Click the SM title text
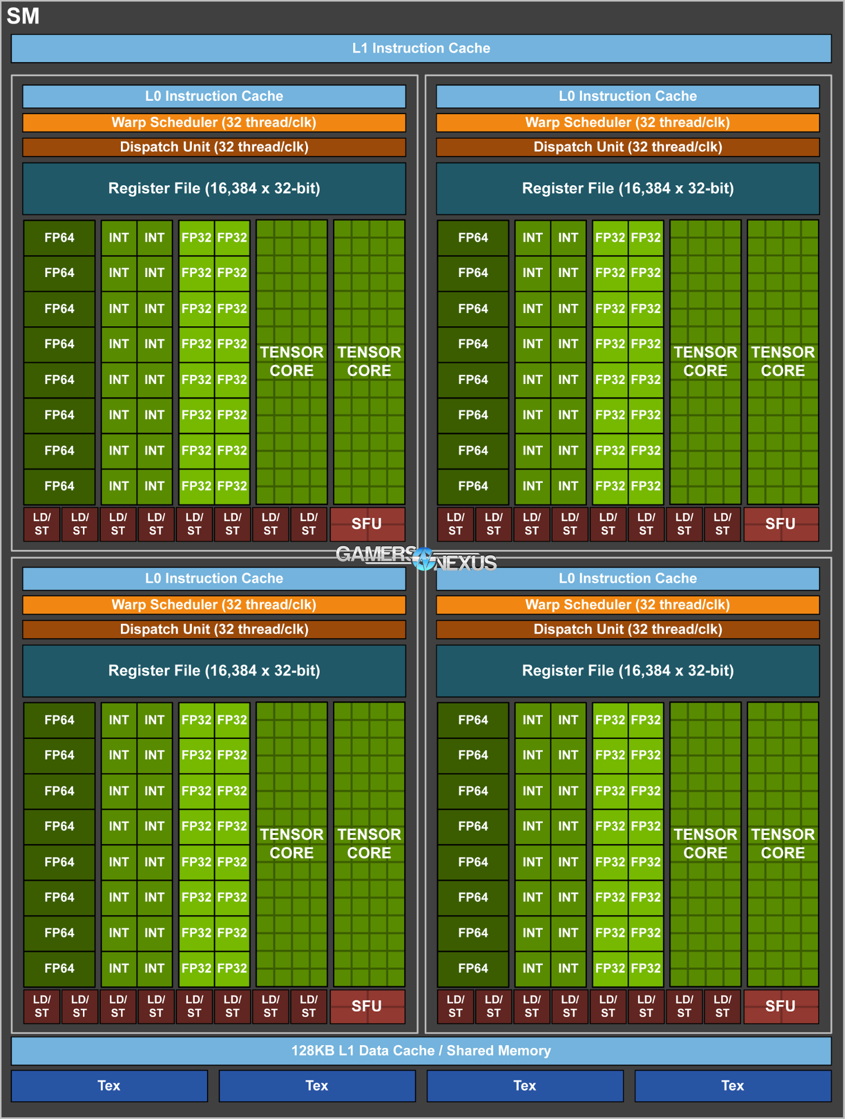pos(23,16)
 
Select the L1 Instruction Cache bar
pos(421,49)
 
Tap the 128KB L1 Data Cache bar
pos(421,1051)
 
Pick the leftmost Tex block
pos(109,1086)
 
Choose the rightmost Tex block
pos(733,1086)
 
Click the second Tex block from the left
pos(317,1086)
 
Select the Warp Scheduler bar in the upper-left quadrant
pos(214,123)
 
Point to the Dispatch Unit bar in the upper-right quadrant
pos(627,147)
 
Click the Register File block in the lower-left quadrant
pos(214,671)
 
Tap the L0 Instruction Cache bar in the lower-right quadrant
pos(627,578)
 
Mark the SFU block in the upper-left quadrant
pos(367,524)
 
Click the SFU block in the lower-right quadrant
pos(781,1006)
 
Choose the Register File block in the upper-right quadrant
pos(627,189)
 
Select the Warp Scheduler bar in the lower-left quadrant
pos(214,605)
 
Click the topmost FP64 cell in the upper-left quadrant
pos(59,237)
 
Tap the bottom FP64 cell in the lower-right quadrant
pos(473,968)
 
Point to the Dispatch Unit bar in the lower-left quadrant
pos(214,629)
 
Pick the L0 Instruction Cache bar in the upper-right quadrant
pos(627,96)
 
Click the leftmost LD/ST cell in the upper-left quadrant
pos(41,524)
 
